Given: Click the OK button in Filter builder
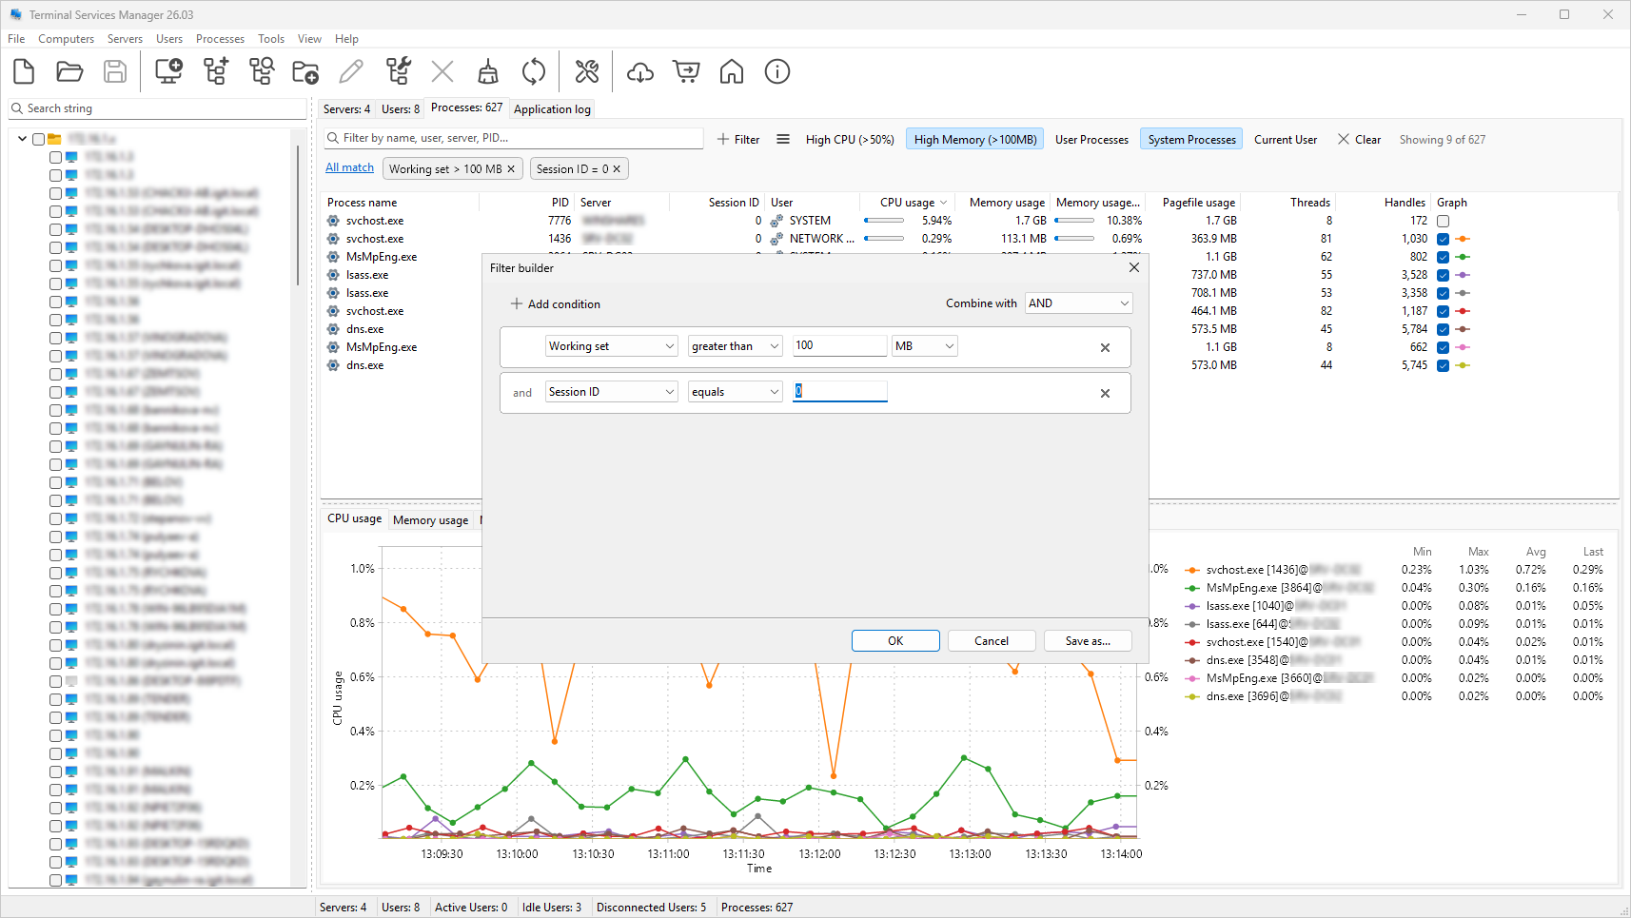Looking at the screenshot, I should tap(894, 641).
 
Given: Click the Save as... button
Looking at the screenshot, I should tap(1088, 641).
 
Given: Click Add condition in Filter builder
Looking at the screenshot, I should tap(556, 304).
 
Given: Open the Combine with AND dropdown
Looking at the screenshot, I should tap(1078, 303).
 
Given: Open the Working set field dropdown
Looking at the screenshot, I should tap(611, 346).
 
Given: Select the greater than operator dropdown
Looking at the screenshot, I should tap(735, 346).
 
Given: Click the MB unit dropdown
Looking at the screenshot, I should tap(923, 346).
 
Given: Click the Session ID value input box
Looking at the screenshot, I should tap(839, 391).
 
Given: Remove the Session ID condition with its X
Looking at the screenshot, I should tap(1105, 394).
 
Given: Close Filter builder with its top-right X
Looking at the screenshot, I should tap(1133, 268).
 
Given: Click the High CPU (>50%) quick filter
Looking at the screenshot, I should tap(849, 140).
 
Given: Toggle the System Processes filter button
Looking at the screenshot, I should tap(1191, 140).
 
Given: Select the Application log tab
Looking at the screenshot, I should tap(552, 109).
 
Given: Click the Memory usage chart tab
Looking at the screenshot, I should tap(430, 520).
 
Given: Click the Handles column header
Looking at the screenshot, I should tap(1404, 203).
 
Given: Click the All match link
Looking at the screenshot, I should tap(349, 167).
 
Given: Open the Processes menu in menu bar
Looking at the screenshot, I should tap(220, 39).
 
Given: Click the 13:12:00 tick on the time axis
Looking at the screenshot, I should tap(819, 853).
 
